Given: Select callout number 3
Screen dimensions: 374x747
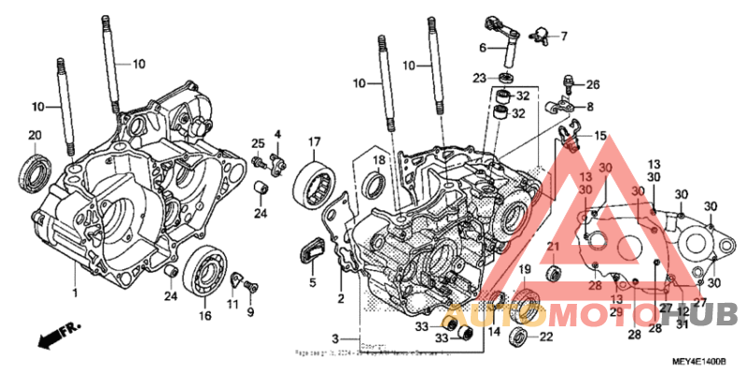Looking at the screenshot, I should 334,337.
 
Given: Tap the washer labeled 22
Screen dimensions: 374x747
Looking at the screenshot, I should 518,337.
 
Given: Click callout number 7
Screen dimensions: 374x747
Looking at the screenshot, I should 563,36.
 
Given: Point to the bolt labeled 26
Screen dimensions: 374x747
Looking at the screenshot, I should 569,84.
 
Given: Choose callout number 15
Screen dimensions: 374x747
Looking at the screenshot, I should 599,136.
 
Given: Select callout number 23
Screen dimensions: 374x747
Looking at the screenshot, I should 479,77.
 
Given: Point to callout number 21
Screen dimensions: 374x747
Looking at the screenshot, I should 553,247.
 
